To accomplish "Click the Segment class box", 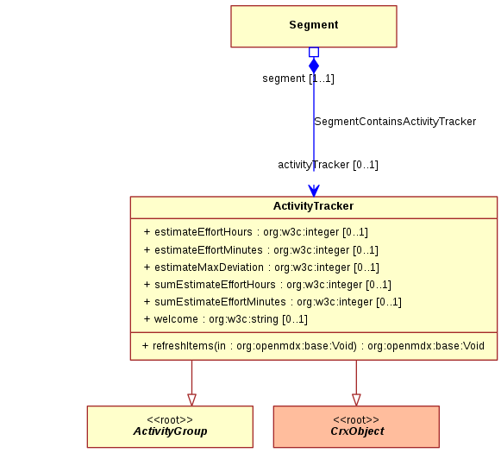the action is coord(314,27).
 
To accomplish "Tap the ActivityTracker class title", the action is coord(313,206).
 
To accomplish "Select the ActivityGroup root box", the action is coord(170,427).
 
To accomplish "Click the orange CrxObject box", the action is coord(356,427).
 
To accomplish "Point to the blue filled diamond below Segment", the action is coord(314,66).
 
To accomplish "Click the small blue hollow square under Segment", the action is coord(314,52).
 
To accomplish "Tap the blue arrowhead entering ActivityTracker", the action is coord(314,191).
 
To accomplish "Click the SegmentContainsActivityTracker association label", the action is coord(395,122).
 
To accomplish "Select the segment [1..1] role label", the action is coord(298,79).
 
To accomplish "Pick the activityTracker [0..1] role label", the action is coord(328,165).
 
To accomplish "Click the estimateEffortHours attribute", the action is coord(255,232).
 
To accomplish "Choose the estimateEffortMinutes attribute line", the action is coord(260,249).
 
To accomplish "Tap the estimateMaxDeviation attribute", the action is coord(261,267).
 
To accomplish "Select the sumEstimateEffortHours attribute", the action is coord(267,284).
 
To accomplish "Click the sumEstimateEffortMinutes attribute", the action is coord(272,301).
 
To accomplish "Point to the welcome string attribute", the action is coord(226,318).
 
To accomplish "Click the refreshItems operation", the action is coord(313,346).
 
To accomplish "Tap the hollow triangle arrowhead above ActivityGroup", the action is coord(191,400).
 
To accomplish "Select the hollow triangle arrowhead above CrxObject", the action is coord(356,400).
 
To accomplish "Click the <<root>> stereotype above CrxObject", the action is coord(356,419).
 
